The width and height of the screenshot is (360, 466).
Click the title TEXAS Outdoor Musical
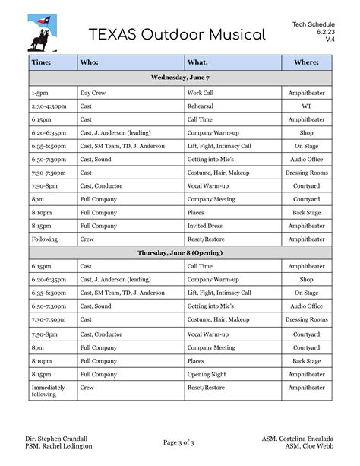pyautogui.click(x=177, y=35)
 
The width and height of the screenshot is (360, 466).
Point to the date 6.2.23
pyautogui.click(x=325, y=32)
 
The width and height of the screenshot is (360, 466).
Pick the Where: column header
pyautogui.click(x=306, y=62)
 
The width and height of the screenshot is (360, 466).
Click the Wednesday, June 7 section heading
pyautogui.click(x=180, y=78)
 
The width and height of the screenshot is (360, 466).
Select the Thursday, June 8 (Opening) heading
pyautogui.click(x=180, y=252)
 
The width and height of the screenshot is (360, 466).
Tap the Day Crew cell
pyautogui.click(x=93, y=93)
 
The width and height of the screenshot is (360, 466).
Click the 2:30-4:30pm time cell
pyautogui.click(x=49, y=106)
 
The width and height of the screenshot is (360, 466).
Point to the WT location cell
pyautogui.click(x=306, y=106)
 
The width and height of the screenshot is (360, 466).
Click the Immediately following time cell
pyautogui.click(x=48, y=391)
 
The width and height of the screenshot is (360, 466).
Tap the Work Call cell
pyautogui.click(x=201, y=93)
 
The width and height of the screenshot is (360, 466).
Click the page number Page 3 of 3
pyautogui.click(x=179, y=442)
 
